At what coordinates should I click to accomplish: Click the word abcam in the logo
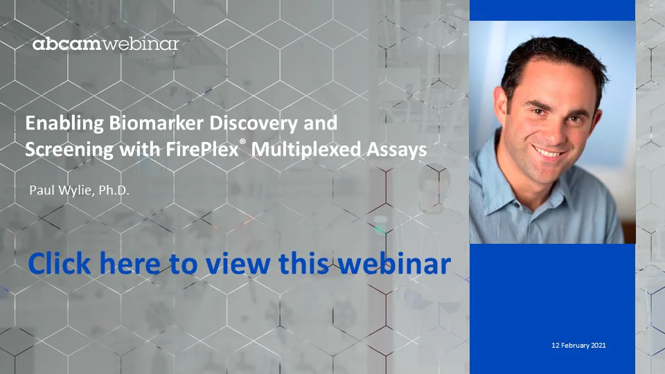click(66, 44)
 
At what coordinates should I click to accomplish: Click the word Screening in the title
click(60, 150)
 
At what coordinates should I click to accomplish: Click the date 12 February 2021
click(579, 345)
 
